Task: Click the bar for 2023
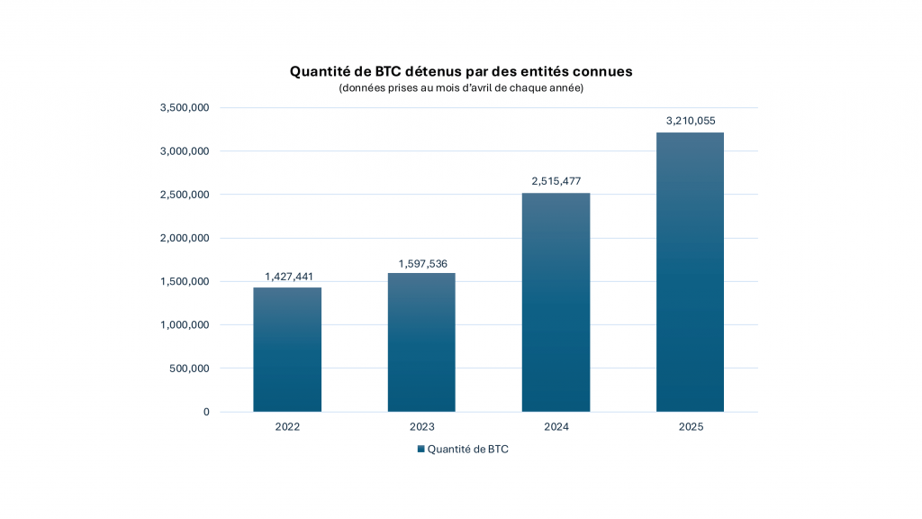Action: [x=421, y=342]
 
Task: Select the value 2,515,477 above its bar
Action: [x=556, y=181]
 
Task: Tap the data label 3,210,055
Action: [x=690, y=121]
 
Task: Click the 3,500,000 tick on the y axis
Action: [x=184, y=108]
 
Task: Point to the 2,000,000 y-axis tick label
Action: [x=184, y=239]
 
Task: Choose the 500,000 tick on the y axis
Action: [x=188, y=369]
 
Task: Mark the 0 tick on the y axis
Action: [x=206, y=412]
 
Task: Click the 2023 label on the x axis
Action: [x=421, y=427]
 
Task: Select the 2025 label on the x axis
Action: [x=690, y=427]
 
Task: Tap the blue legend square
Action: [x=420, y=449]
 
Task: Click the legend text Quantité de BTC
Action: [x=467, y=449]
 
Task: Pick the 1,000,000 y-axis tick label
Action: [x=184, y=325]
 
